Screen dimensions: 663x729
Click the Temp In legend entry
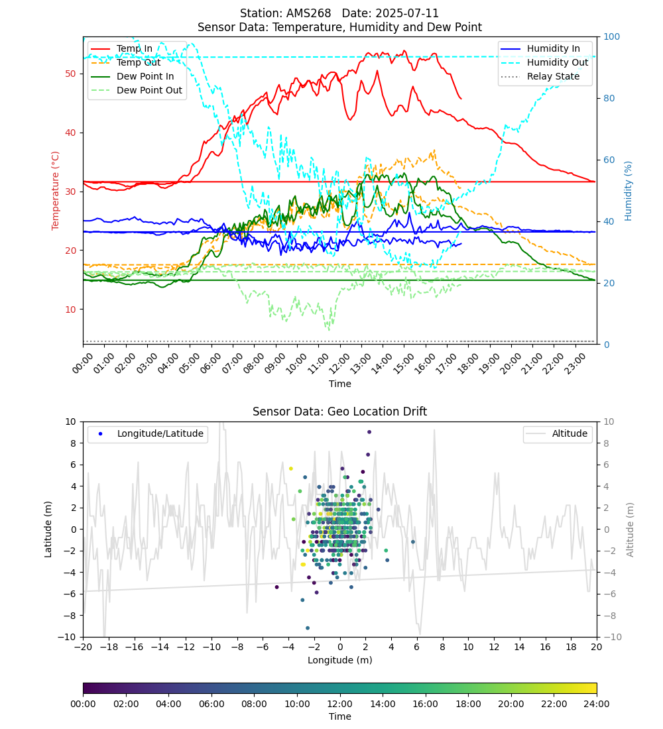click(121, 48)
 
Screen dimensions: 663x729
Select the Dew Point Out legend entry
click(137, 90)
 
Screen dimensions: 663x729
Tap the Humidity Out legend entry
click(544, 62)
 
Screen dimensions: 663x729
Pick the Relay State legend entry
click(540, 76)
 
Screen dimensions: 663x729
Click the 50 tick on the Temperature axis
click(70, 74)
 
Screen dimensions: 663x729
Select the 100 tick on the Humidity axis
click(612, 36)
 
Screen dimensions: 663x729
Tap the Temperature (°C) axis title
click(56, 191)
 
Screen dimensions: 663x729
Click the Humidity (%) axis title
click(628, 191)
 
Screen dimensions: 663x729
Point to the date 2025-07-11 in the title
click(408, 13)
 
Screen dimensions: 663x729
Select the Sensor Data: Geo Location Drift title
click(339, 412)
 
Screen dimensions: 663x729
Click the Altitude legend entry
click(558, 434)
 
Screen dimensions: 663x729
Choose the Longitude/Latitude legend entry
click(148, 434)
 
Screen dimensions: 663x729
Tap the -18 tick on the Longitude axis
click(109, 647)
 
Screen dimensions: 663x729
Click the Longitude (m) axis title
click(339, 660)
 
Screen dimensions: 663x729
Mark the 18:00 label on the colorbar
click(468, 704)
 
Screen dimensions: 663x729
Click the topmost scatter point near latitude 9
click(369, 432)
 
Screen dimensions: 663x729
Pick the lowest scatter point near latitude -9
click(308, 628)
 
